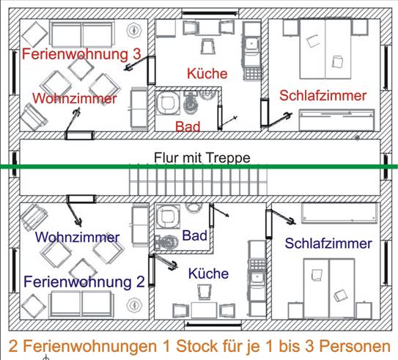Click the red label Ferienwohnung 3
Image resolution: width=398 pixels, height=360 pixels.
[x=81, y=54]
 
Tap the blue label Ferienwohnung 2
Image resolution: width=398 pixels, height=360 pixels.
[x=84, y=282]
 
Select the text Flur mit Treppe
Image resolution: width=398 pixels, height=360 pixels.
[x=202, y=158]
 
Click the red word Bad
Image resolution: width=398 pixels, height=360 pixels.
[x=188, y=126]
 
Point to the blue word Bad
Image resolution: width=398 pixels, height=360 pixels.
[x=195, y=235]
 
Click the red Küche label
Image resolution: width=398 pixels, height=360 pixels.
[x=207, y=73]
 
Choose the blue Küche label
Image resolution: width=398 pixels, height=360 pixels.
[x=208, y=273]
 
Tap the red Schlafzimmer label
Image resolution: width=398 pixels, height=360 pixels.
[x=323, y=96]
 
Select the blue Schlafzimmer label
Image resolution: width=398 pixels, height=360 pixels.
[x=328, y=243]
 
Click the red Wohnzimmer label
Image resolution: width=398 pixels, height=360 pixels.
[x=75, y=98]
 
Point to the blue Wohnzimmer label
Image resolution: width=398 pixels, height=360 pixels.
[x=77, y=237]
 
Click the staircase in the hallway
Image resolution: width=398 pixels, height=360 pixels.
[x=198, y=180]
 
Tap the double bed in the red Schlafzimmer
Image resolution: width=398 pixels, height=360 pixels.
[x=325, y=48]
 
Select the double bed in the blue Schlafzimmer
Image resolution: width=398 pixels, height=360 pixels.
[x=329, y=288]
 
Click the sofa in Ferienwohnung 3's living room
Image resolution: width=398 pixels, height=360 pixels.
[x=82, y=34]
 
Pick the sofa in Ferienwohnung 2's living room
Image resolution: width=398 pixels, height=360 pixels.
[x=81, y=304]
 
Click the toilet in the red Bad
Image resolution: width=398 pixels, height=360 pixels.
[x=189, y=103]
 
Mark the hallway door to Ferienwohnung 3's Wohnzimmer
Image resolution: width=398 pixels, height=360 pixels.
[x=80, y=136]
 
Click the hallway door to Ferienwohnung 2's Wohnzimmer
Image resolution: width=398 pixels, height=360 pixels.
[x=81, y=199]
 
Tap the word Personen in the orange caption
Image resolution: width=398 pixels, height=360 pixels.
[x=355, y=346]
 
